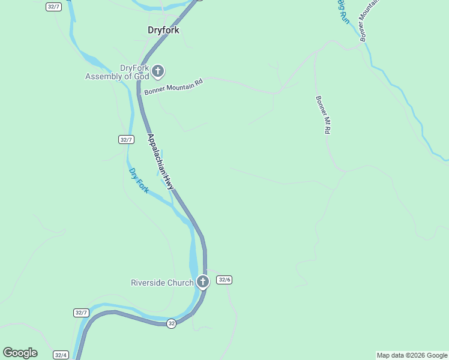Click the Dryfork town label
[163, 30]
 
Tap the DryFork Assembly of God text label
[116, 72]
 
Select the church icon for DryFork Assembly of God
[158, 72]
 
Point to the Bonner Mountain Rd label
[174, 86]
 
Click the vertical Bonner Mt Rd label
[324, 114]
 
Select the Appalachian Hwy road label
[160, 162]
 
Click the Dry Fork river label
[139, 181]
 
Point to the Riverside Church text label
[162, 283]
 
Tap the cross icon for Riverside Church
[203, 281]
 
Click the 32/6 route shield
[224, 280]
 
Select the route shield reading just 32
[172, 323]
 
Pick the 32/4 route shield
[60, 355]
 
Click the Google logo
[20, 353]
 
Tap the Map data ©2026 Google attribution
[412, 355]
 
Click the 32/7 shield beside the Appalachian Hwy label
[125, 139]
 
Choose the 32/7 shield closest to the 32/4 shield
[81, 313]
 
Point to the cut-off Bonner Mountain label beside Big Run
[370, 18]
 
